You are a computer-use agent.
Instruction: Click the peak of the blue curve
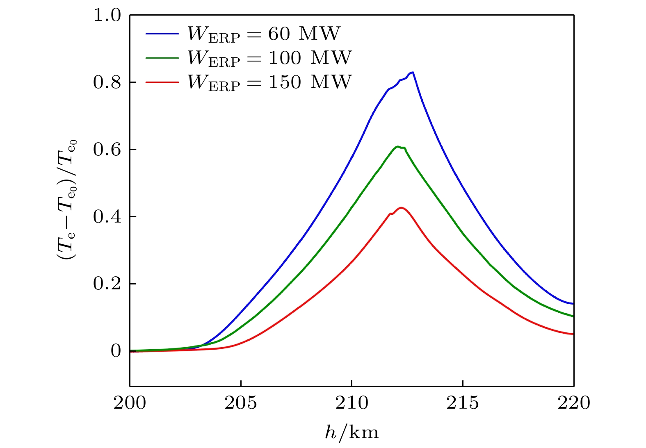(x=413, y=72)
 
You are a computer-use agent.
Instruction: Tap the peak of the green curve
(x=397, y=146)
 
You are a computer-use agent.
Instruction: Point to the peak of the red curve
(x=401, y=208)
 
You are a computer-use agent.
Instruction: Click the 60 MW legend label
(x=264, y=34)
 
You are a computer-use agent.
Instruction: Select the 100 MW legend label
(x=269, y=58)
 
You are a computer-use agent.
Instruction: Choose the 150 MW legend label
(x=269, y=82)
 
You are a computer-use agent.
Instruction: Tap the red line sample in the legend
(x=162, y=82)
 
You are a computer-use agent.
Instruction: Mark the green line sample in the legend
(x=162, y=58)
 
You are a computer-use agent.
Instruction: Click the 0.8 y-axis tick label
(x=107, y=82)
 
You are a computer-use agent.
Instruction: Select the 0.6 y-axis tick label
(x=107, y=150)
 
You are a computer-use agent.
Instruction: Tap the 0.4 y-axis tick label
(x=107, y=217)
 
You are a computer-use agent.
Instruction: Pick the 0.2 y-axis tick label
(x=107, y=284)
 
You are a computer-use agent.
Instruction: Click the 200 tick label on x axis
(x=130, y=403)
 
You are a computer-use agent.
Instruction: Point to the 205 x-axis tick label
(x=241, y=403)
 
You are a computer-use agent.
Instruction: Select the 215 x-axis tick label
(x=463, y=403)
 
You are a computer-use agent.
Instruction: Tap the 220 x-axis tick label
(x=573, y=403)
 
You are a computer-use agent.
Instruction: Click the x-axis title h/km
(x=352, y=432)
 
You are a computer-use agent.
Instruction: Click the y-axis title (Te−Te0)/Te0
(x=67, y=200)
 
